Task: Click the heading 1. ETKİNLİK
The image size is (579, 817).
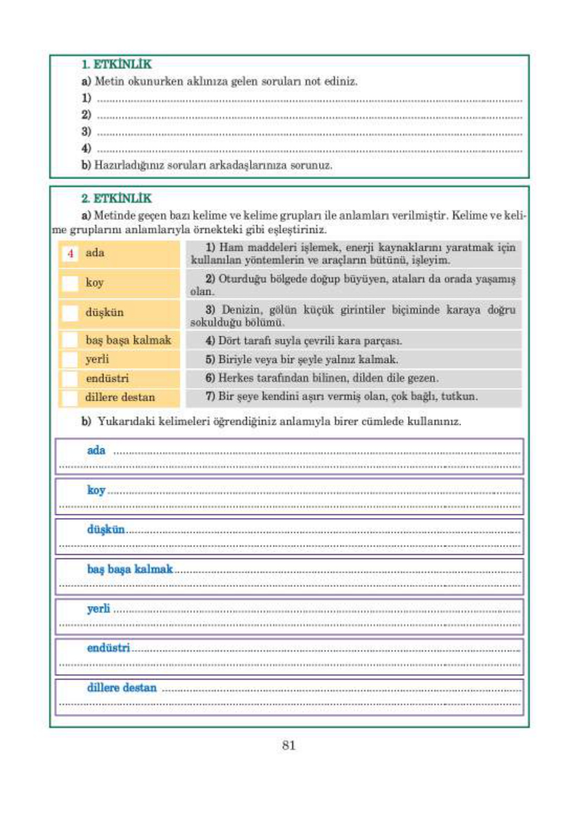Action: (x=116, y=64)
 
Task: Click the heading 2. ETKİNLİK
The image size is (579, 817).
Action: (x=116, y=198)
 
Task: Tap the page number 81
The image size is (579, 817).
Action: (x=288, y=745)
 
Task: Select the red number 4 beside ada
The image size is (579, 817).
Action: (x=70, y=253)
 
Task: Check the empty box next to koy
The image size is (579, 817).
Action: (x=70, y=283)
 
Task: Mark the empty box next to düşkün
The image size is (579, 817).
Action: (x=70, y=313)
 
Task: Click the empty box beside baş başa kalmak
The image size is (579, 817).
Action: (x=70, y=340)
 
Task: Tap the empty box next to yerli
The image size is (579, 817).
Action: (x=70, y=359)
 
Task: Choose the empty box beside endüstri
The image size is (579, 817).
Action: (x=70, y=378)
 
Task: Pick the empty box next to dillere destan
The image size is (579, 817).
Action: (x=70, y=398)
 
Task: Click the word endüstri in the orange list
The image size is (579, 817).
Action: (x=107, y=378)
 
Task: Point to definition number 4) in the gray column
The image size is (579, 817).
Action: (x=210, y=340)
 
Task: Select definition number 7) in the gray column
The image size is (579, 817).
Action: (x=210, y=396)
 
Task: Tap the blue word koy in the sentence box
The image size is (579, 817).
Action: (x=96, y=490)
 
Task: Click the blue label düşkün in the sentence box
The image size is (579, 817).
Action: (x=106, y=529)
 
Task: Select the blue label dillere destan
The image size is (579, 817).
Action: (x=121, y=688)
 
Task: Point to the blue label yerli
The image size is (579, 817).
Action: (x=98, y=609)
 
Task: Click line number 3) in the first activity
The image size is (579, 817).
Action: (x=86, y=131)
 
